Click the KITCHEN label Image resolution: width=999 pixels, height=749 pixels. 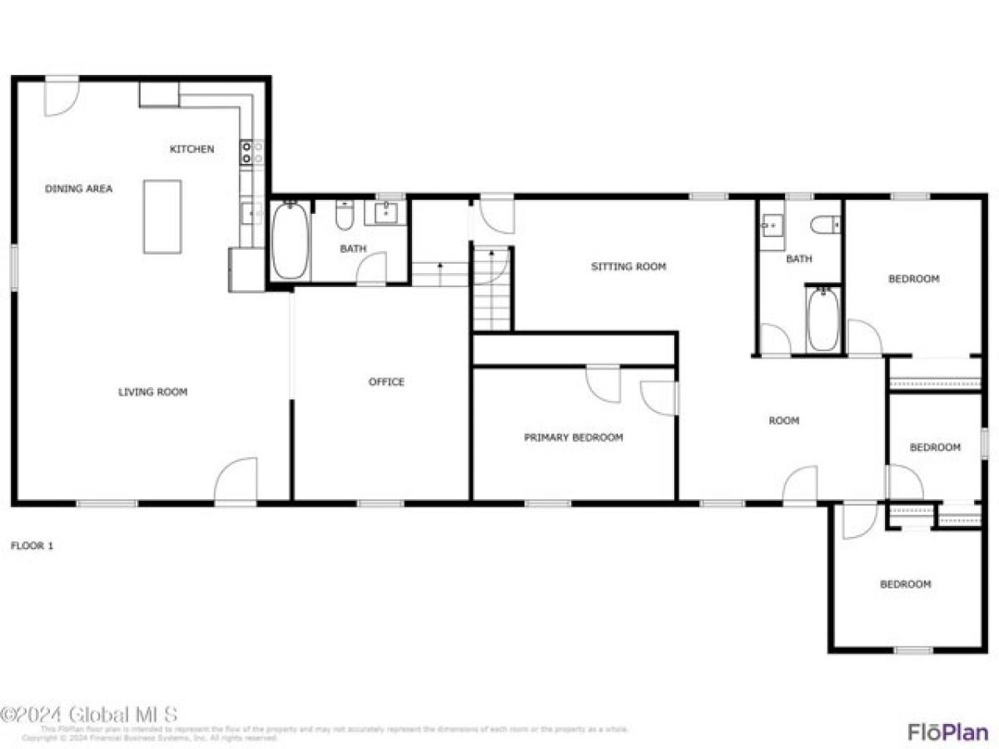pos(191,150)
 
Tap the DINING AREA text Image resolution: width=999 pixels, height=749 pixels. pos(78,189)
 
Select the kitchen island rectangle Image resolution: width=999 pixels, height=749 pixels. pos(162,216)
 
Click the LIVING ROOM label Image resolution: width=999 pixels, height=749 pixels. pos(152,392)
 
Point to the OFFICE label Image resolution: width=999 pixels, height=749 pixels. pos(386,382)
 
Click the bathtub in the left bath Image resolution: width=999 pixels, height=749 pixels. pos(290,241)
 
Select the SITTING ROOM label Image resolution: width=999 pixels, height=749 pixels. pos(629,267)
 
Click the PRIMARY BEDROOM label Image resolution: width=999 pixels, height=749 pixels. pos(573,437)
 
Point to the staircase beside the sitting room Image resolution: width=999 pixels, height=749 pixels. pos(491,287)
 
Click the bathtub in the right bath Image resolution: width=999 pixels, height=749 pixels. pos(823,320)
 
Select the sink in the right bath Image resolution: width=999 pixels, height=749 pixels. pos(772,225)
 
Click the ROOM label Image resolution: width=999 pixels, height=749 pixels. pos(783,421)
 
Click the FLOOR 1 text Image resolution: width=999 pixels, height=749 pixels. pos(32,546)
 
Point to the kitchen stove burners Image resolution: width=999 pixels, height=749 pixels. pos(252,151)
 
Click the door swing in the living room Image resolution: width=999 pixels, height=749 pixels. pos(236,481)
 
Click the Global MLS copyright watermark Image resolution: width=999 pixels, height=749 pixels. pos(89,715)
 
